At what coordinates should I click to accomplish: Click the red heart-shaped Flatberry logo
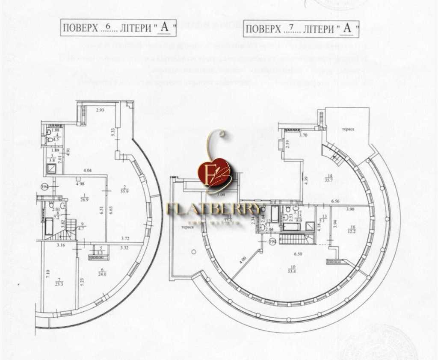click(214, 174)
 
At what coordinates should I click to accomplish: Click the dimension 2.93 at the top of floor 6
click(100, 110)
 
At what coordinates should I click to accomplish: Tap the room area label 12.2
click(352, 230)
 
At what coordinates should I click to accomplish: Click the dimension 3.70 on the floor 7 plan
click(303, 135)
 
